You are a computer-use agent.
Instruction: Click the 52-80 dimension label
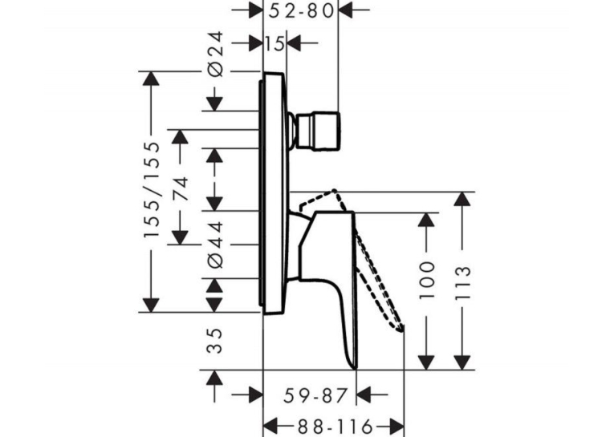(x=301, y=10)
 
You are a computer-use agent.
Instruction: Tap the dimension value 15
(x=274, y=43)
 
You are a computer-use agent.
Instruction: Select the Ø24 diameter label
(x=215, y=54)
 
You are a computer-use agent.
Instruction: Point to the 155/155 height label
(x=152, y=190)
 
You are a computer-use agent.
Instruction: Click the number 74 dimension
(x=180, y=189)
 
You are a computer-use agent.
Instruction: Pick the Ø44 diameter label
(x=215, y=245)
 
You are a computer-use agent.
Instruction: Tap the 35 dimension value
(x=214, y=341)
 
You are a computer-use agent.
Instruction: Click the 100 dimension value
(x=427, y=281)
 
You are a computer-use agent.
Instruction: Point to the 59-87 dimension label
(x=315, y=395)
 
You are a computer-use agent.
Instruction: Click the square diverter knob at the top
(x=318, y=132)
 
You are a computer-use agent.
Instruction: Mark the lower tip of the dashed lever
(x=401, y=331)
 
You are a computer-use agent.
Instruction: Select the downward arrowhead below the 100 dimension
(x=426, y=362)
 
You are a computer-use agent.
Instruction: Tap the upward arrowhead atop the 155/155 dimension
(x=152, y=79)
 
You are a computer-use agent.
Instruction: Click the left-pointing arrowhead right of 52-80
(x=345, y=10)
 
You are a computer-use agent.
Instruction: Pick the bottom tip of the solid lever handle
(x=356, y=370)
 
